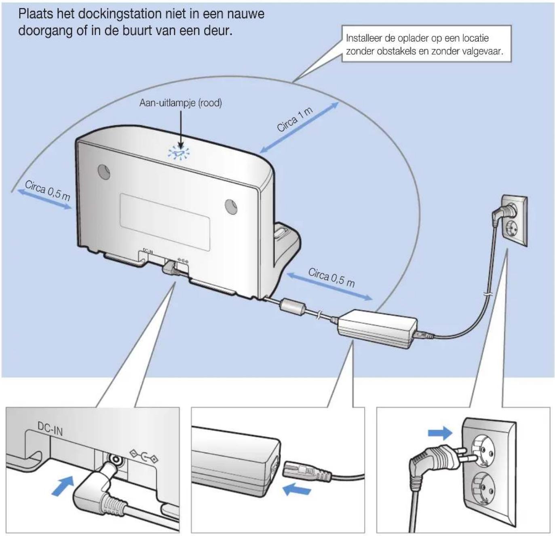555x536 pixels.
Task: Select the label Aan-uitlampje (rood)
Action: coord(180,103)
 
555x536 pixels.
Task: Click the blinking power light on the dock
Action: coord(178,153)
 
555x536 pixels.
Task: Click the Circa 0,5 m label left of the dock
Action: coord(47,191)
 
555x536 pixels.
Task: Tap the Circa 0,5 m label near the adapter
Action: coord(331,277)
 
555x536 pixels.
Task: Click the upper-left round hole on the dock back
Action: coord(104,171)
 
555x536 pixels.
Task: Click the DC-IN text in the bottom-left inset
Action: coord(50,428)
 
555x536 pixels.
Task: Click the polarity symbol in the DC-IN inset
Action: coord(143,457)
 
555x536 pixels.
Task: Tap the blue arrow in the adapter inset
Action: coord(297,490)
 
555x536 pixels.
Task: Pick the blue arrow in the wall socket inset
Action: coord(440,433)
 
